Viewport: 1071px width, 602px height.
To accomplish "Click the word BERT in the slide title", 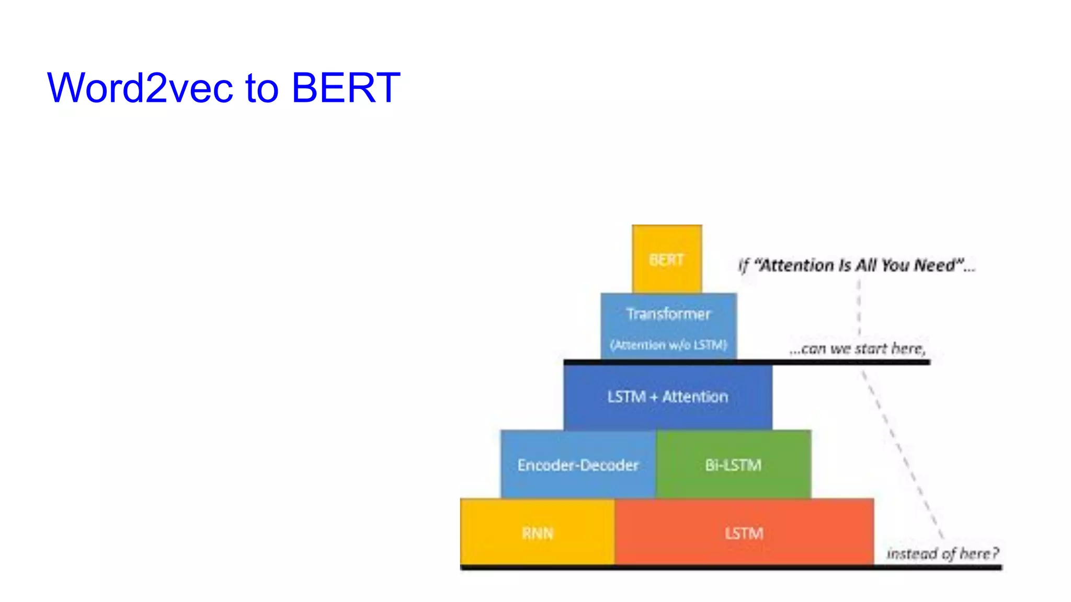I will (346, 88).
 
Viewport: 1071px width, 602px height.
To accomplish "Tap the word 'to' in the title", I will (261, 88).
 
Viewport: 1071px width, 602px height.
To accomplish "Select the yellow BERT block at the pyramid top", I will (667, 259).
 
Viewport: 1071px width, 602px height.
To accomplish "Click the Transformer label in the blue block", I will (668, 314).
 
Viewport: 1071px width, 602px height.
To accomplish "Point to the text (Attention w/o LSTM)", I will (668, 345).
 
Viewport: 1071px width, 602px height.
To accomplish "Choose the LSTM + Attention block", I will (668, 397).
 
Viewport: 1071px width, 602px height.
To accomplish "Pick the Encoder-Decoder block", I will (578, 465).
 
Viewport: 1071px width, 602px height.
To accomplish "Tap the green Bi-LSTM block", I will (733, 465).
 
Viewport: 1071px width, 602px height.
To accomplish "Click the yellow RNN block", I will (537, 533).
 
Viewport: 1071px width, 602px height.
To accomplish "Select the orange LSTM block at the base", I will (744, 533).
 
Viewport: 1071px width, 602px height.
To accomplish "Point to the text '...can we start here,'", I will (858, 349).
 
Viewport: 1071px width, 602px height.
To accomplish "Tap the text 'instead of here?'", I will (942, 553).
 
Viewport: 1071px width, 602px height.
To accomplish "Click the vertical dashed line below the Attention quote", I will (859, 308).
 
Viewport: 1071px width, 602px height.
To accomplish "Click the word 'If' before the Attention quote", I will (743, 266).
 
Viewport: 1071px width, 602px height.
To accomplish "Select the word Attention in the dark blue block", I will (695, 397).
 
